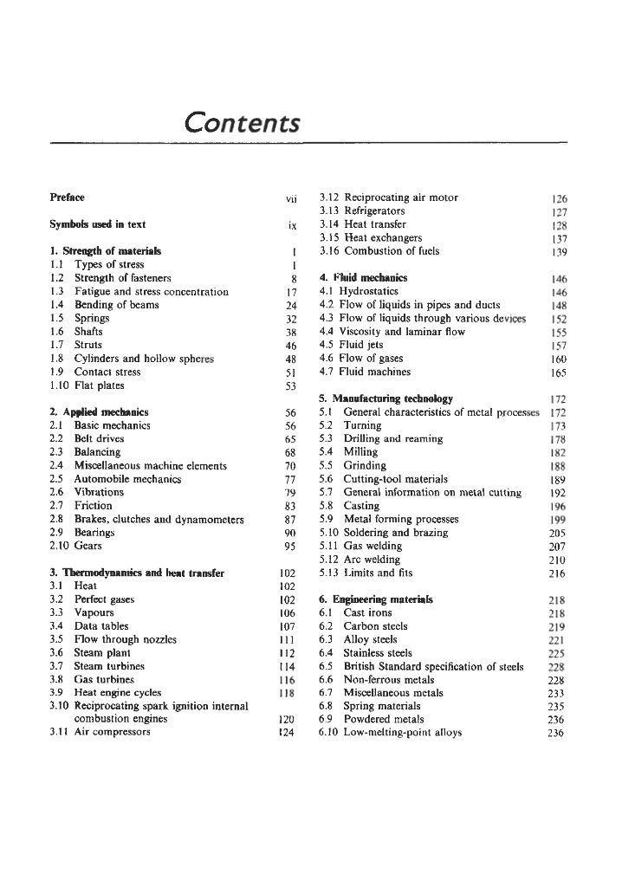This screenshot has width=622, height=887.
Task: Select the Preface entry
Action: pos(68,197)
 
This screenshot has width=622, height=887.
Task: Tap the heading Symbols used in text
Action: pos(98,224)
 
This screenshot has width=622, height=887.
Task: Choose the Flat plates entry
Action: pos(99,385)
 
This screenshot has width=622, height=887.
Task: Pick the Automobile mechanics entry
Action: pos(127,479)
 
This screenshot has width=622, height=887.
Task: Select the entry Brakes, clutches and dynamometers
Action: pos(159,520)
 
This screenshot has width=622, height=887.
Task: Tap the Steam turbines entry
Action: pos(109,666)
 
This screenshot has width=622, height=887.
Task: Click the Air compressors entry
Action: pos(112,732)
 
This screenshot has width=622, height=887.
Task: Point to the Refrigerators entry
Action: pos(374,210)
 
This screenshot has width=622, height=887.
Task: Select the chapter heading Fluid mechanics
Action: pos(363,278)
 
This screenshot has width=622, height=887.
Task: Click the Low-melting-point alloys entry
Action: pos(403,732)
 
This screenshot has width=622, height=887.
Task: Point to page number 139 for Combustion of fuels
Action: pos(557,252)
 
